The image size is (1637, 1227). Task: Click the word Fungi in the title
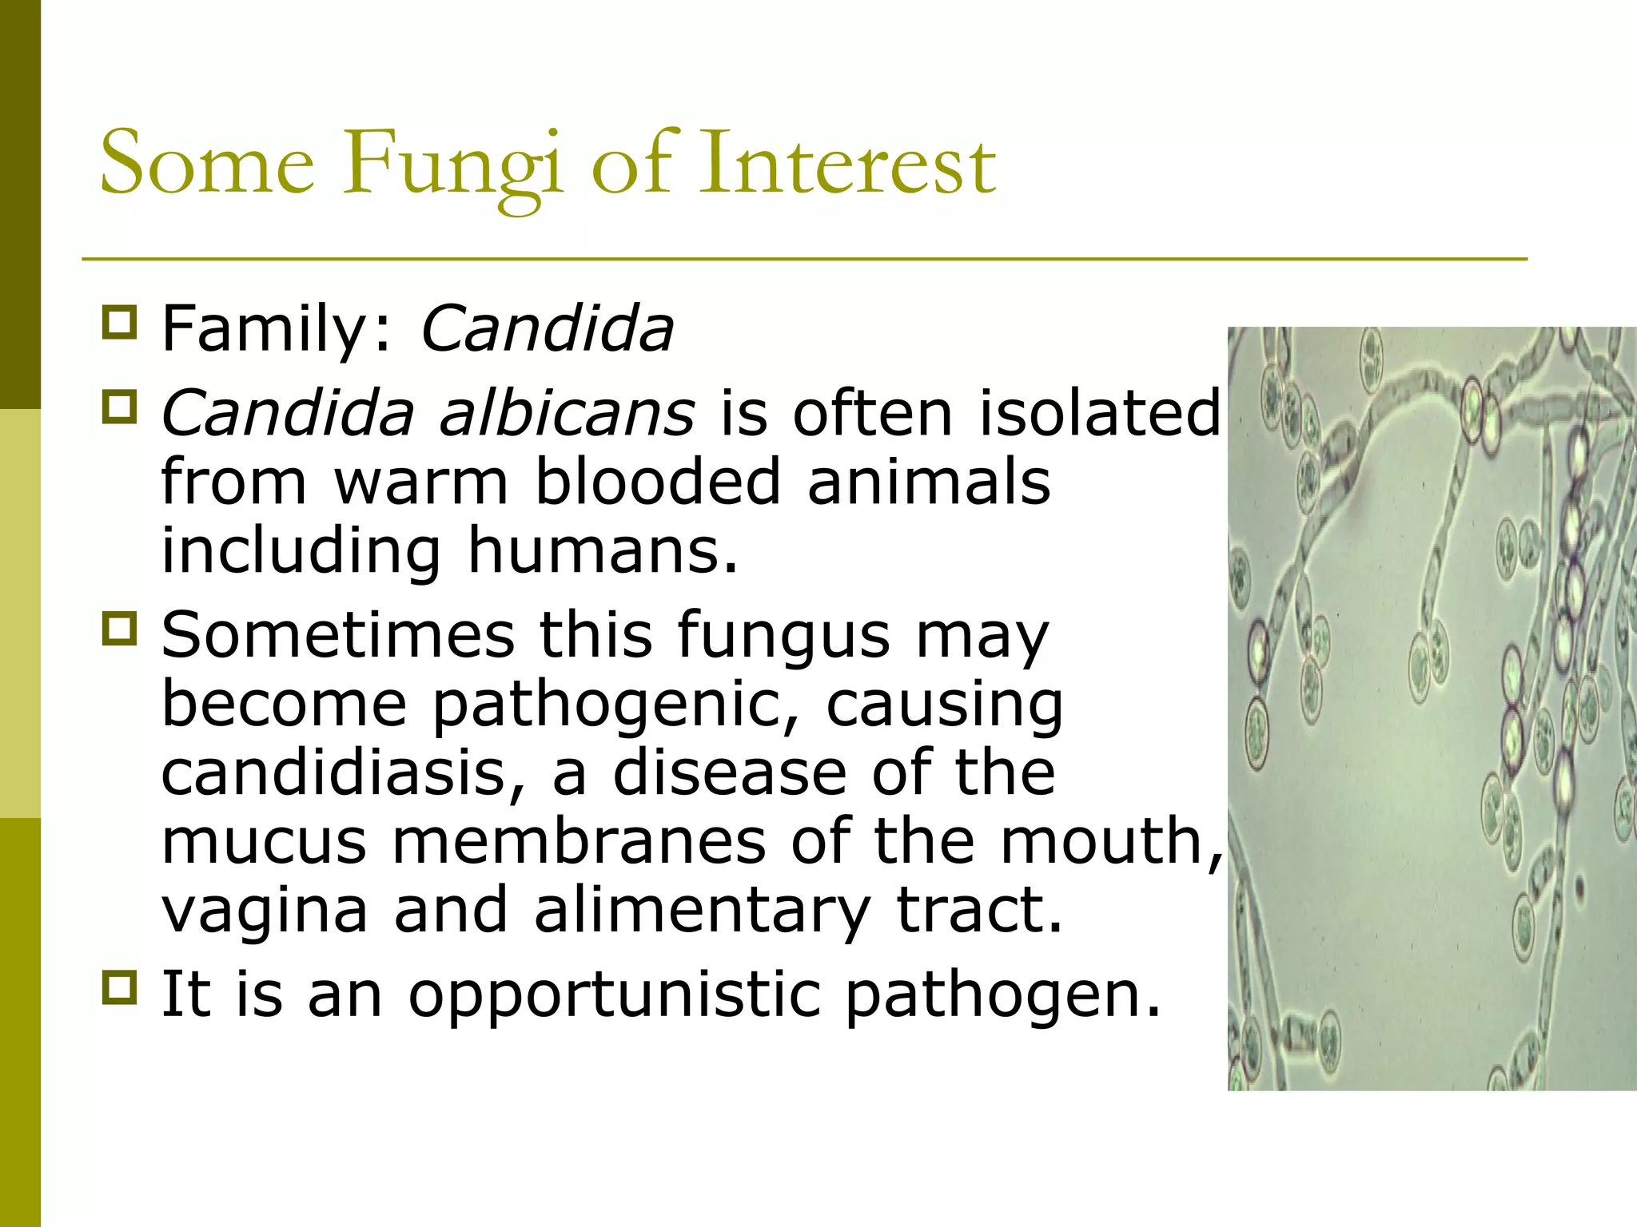tap(452, 166)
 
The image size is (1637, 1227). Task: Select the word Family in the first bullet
tap(264, 329)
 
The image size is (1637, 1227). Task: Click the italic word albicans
tap(567, 414)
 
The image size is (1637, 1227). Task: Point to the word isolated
tap(1100, 414)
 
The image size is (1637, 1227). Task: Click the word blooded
tap(657, 482)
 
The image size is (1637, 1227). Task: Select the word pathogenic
tap(615, 706)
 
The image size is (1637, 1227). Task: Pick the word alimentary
tap(702, 911)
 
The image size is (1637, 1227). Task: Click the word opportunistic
tap(614, 995)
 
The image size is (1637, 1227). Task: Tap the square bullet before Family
tap(120, 323)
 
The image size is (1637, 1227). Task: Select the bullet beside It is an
tap(120, 987)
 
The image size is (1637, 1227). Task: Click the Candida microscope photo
tap(1431, 708)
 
